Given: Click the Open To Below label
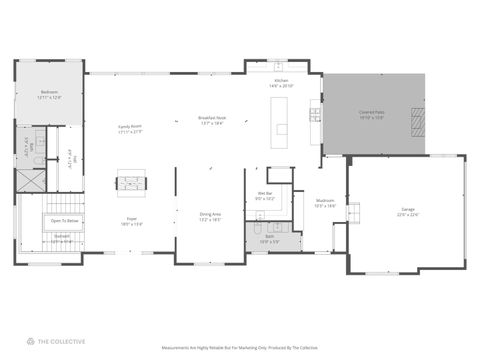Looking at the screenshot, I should [65, 220].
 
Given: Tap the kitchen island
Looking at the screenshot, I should [282, 129].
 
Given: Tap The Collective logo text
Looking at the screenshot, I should [62, 340].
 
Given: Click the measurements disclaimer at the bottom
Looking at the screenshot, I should [240, 348].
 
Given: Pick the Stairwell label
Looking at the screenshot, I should [61, 239].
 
